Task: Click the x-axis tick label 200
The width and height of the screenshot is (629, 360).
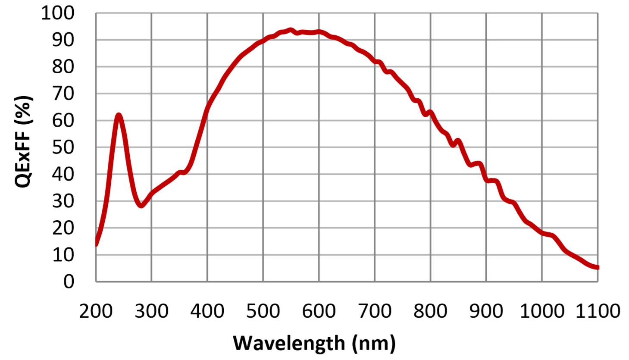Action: pyautogui.click(x=96, y=310)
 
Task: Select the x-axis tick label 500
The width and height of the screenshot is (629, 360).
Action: pyautogui.click(x=263, y=310)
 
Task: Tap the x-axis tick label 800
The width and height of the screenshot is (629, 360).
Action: pyautogui.click(x=430, y=310)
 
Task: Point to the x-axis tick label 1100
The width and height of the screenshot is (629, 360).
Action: pyautogui.click(x=598, y=310)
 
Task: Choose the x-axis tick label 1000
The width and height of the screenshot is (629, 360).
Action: pyautogui.click(x=541, y=310)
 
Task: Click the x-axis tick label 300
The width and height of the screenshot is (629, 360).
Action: pyautogui.click(x=151, y=310)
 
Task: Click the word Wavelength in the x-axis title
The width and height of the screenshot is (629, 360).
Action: pyautogui.click(x=289, y=343)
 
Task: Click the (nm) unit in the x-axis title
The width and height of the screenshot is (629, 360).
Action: pyautogui.click(x=373, y=343)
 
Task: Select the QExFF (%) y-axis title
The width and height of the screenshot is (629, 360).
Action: pyautogui.click(x=24, y=142)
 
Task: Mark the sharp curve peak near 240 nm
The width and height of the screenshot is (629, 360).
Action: pyautogui.click(x=118, y=115)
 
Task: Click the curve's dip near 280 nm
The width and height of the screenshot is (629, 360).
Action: pyautogui.click(x=141, y=206)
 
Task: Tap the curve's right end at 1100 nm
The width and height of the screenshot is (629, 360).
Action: pyautogui.click(x=597, y=267)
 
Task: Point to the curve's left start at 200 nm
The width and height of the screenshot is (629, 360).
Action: pyautogui.click(x=96, y=244)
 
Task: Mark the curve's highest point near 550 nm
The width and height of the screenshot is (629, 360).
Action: pyautogui.click(x=291, y=30)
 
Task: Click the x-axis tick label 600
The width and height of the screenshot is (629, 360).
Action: pyautogui.click(x=319, y=310)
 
